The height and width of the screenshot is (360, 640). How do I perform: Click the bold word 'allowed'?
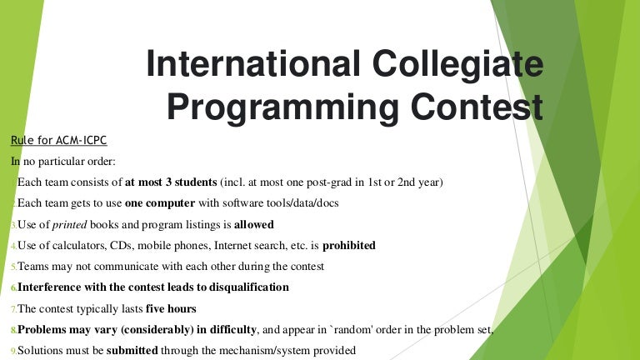(x=253, y=224)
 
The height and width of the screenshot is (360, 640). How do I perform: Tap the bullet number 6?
(x=13, y=288)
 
